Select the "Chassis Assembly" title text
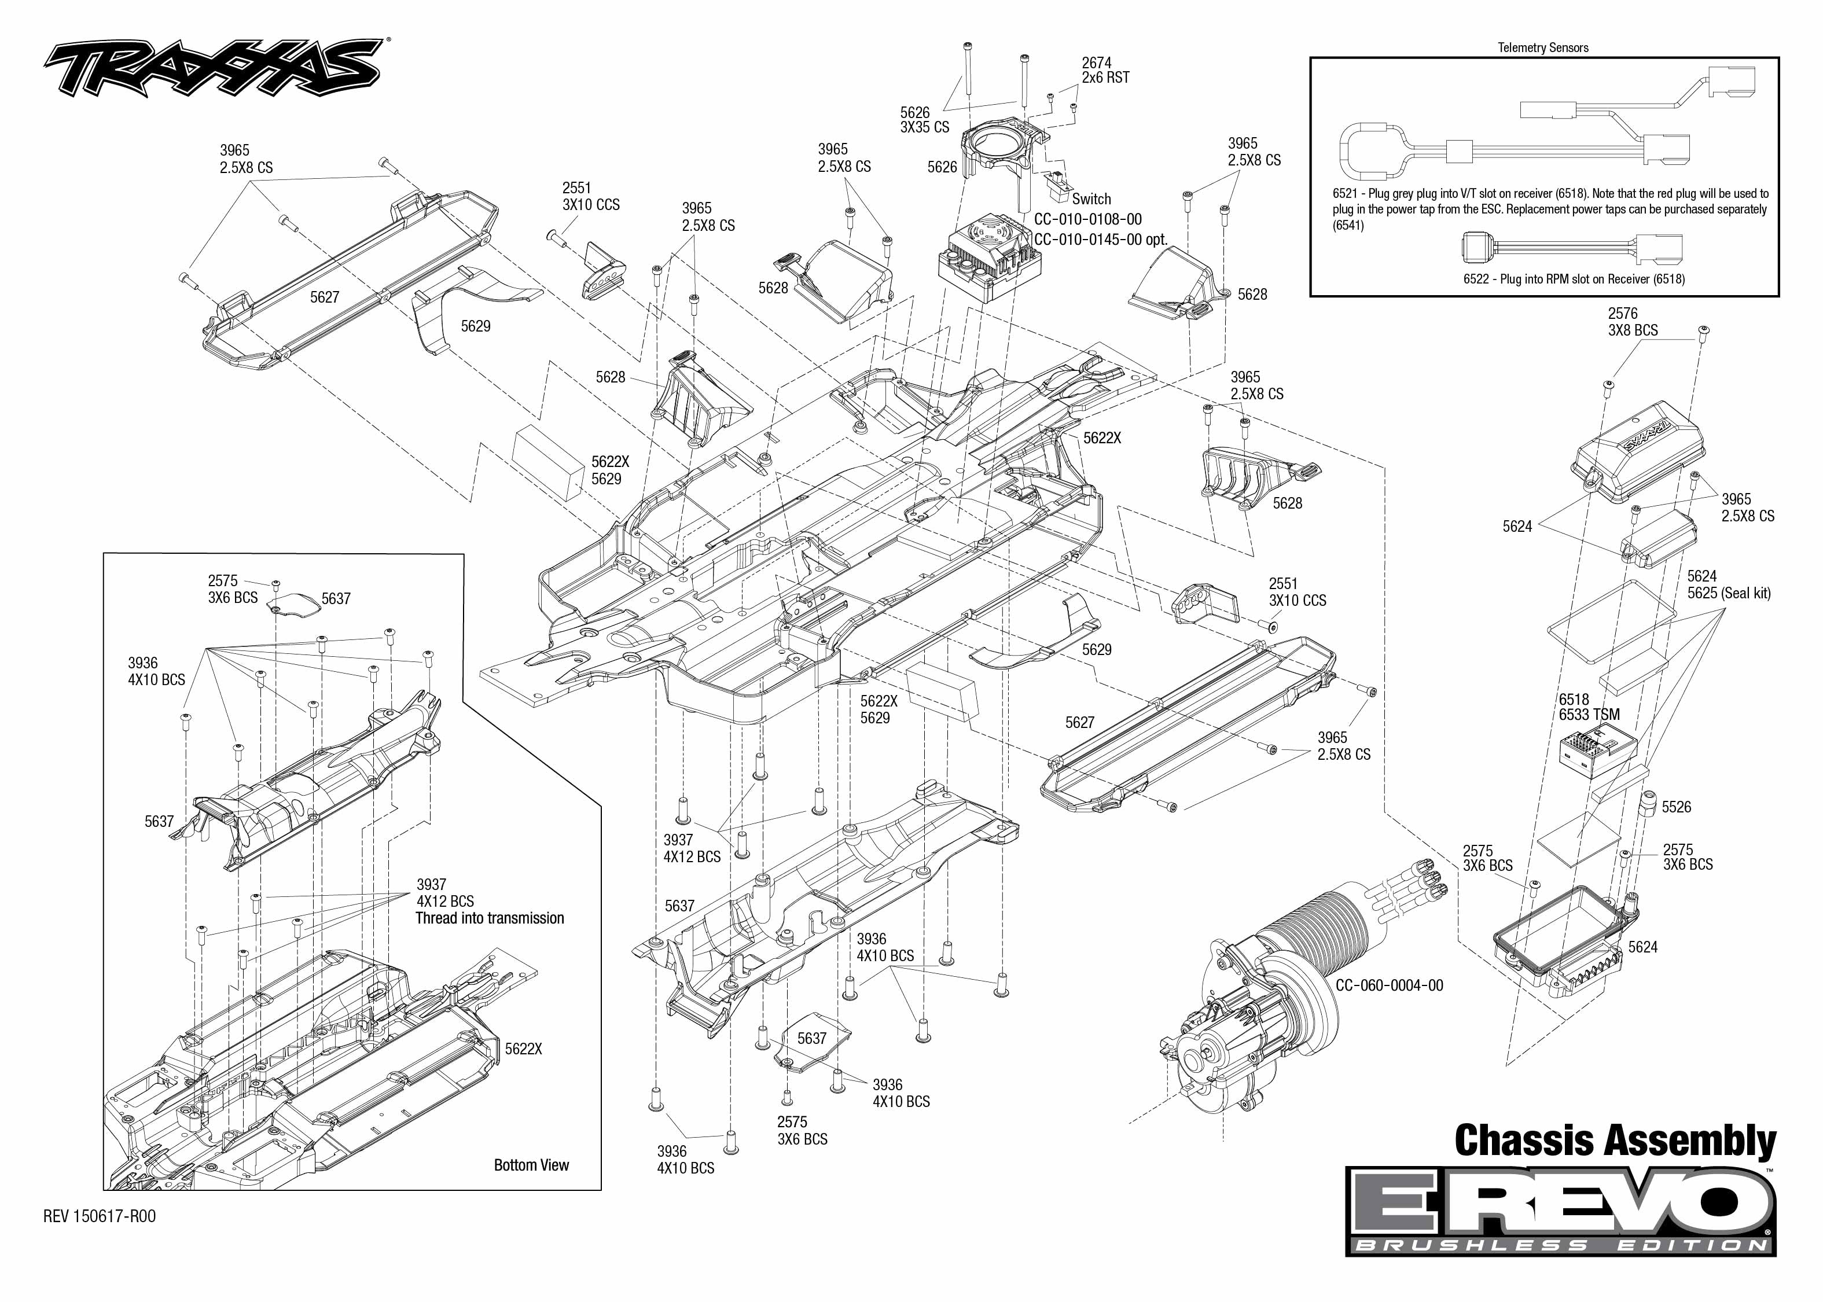(1615, 1142)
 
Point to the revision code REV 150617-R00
(100, 1216)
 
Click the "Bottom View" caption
(531, 1165)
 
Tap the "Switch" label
(1091, 199)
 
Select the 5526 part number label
(1677, 807)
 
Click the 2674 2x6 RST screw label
(1105, 71)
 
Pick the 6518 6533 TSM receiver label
(1588, 707)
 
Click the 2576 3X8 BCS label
(1632, 322)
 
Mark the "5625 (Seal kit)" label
(1729, 593)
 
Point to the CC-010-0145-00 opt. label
(1100, 240)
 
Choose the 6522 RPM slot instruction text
(1574, 279)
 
